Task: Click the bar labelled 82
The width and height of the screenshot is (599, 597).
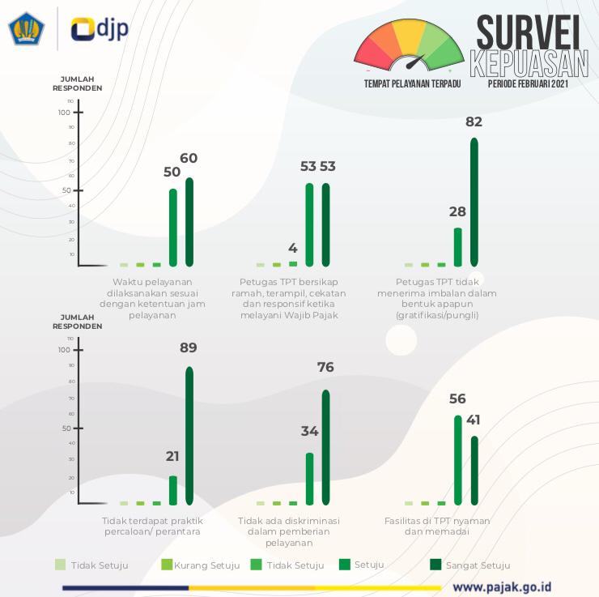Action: coord(474,202)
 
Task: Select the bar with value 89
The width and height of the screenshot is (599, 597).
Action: coord(189,435)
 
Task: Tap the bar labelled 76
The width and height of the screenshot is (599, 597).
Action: coord(326,447)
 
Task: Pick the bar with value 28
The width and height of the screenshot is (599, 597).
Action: coord(458,247)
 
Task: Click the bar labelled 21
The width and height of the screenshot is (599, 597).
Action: coord(173,490)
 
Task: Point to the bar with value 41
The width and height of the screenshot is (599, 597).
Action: coord(474,470)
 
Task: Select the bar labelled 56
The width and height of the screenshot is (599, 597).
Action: coord(458,460)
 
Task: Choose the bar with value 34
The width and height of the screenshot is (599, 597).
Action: coord(310,478)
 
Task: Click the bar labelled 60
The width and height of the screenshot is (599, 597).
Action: coord(189,221)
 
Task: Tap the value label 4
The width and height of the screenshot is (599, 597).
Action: coord(293,248)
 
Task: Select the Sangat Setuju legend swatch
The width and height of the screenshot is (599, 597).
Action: coord(435,565)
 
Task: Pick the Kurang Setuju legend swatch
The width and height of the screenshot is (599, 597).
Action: coord(167,565)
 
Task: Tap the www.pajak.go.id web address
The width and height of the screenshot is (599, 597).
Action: coord(502,586)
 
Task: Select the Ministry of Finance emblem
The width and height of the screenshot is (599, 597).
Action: coord(27,28)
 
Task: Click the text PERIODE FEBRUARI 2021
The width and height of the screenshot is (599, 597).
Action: coord(528,83)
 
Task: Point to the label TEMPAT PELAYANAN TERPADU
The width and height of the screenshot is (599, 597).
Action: coord(412,83)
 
